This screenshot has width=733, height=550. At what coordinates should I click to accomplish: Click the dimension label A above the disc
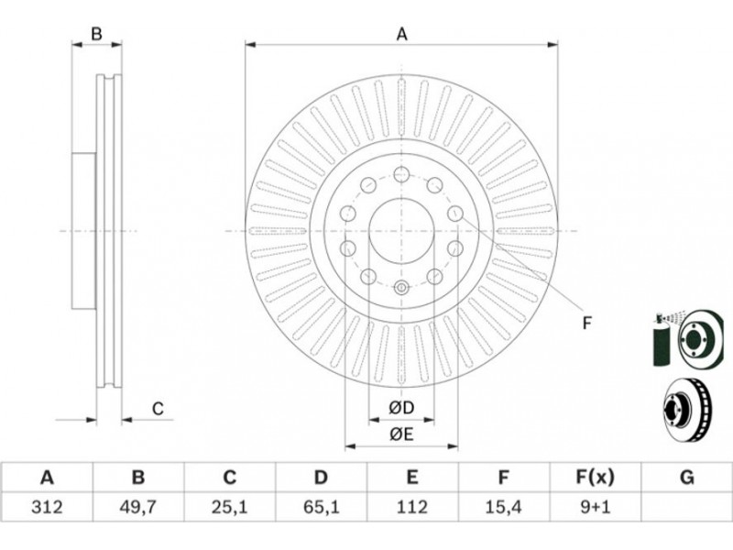[x=401, y=35]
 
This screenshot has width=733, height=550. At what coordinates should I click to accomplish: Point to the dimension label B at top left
[x=95, y=35]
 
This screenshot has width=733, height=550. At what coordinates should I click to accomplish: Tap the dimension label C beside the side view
[x=158, y=409]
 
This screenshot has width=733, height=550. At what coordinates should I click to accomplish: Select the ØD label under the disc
[x=401, y=407]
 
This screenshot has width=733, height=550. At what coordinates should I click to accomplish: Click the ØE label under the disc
[x=401, y=434]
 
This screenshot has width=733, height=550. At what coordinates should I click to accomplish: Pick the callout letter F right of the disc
[x=587, y=322]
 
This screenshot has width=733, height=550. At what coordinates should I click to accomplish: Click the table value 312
[x=47, y=505]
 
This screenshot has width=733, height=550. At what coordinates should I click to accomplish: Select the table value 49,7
[x=138, y=505]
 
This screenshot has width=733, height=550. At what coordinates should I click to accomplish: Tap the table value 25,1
[x=230, y=505]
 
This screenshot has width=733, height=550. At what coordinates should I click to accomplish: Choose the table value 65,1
[x=321, y=505]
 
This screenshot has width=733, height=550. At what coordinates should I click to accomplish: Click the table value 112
[x=412, y=505]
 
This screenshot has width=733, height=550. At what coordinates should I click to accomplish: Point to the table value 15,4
[x=503, y=505]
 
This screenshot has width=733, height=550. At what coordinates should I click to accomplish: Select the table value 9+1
[x=595, y=505]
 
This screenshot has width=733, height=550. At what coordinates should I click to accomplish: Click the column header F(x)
[x=595, y=477]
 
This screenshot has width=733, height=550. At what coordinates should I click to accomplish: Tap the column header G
[x=686, y=477]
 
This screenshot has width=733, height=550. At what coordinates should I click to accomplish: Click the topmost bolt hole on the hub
[x=401, y=174]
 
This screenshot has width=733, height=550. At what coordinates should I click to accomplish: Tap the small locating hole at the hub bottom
[x=400, y=289]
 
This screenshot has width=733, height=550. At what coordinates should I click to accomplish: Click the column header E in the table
[x=412, y=477]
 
